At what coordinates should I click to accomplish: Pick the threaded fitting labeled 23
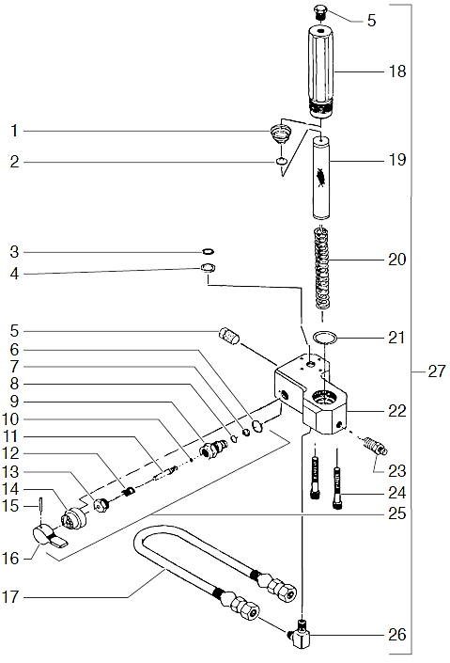373,443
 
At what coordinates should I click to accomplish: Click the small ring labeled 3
208,252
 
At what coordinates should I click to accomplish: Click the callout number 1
14,129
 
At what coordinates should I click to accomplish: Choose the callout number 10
14,418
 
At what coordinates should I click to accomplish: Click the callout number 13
14,470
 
